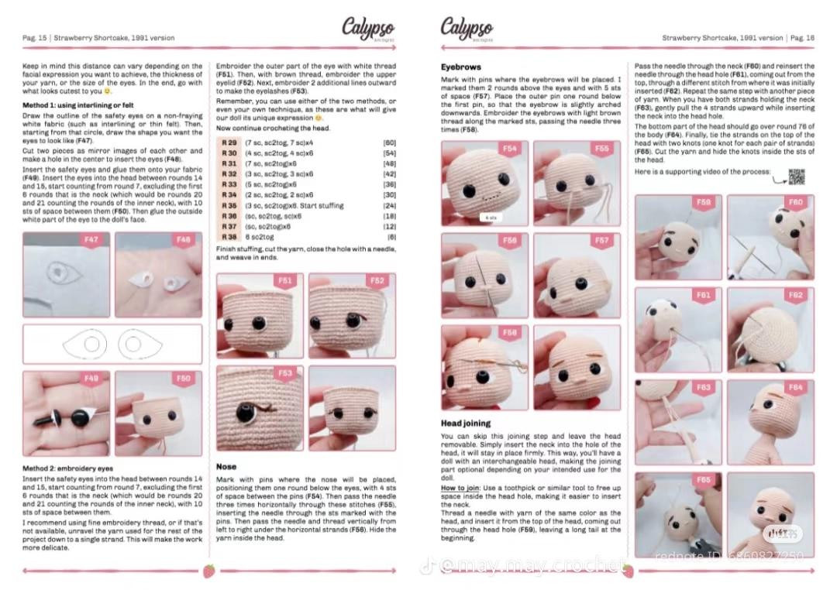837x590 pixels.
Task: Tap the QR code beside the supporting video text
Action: pyautogui.click(x=796, y=177)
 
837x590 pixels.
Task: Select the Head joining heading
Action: pyautogui.click(x=465, y=424)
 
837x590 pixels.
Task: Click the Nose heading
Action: pyautogui.click(x=226, y=467)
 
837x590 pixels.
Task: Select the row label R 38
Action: pyautogui.click(x=229, y=236)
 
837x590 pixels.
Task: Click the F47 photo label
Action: pyautogui.click(x=91, y=240)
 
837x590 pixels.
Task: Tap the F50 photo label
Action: pyautogui.click(x=183, y=379)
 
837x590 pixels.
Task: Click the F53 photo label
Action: pyautogui.click(x=286, y=373)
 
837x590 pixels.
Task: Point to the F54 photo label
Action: pyautogui.click(x=509, y=149)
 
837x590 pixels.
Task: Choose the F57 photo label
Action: pyautogui.click(x=601, y=241)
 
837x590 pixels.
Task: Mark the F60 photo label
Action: pyautogui.click(x=795, y=202)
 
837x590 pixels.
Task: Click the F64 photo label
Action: pyautogui.click(x=795, y=387)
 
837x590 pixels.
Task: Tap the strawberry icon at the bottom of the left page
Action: pyautogui.click(x=208, y=571)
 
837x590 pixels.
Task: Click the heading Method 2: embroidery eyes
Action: pyautogui.click(x=67, y=468)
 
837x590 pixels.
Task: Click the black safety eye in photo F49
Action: pyautogui.click(x=78, y=418)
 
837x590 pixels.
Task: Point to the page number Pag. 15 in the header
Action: pyautogui.click(x=34, y=38)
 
